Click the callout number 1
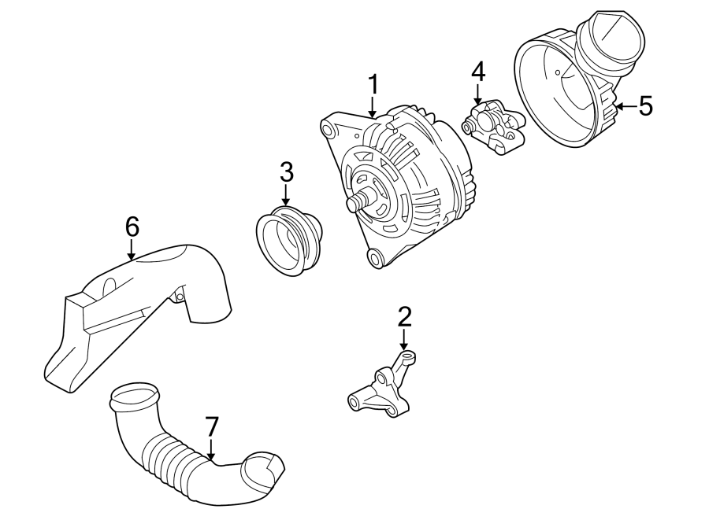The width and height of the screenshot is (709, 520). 373,84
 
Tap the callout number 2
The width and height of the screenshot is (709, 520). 404,317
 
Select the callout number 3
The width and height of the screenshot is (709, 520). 285,171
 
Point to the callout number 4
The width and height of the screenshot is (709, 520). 478,72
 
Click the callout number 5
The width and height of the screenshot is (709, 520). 646,106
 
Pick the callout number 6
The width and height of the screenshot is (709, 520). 132,227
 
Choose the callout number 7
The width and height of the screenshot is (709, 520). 210,426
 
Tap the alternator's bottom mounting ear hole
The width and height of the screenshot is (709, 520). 375,258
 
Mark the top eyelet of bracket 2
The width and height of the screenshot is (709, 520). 407,358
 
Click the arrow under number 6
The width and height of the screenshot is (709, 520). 132,250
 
